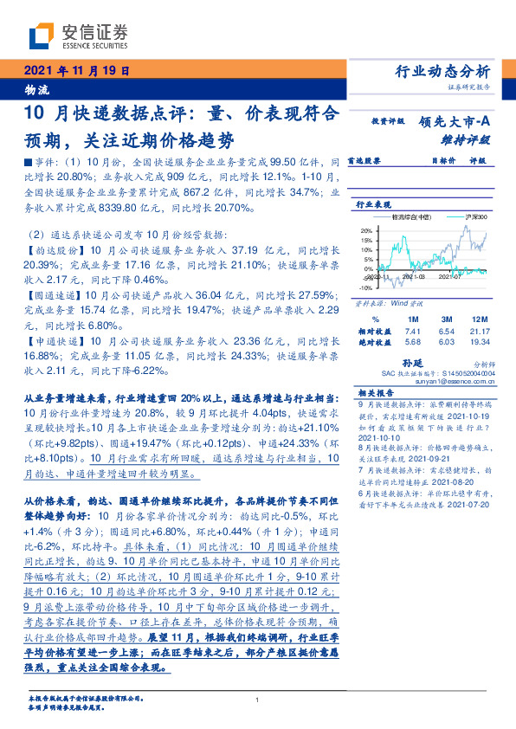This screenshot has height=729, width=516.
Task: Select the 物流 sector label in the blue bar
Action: pos(37,88)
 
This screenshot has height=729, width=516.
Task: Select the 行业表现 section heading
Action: pos(374,203)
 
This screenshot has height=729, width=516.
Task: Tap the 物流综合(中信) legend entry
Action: pos(411,218)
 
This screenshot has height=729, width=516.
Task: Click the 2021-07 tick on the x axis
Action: pos(451,278)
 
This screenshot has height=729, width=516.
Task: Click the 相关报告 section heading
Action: pos(375,391)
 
